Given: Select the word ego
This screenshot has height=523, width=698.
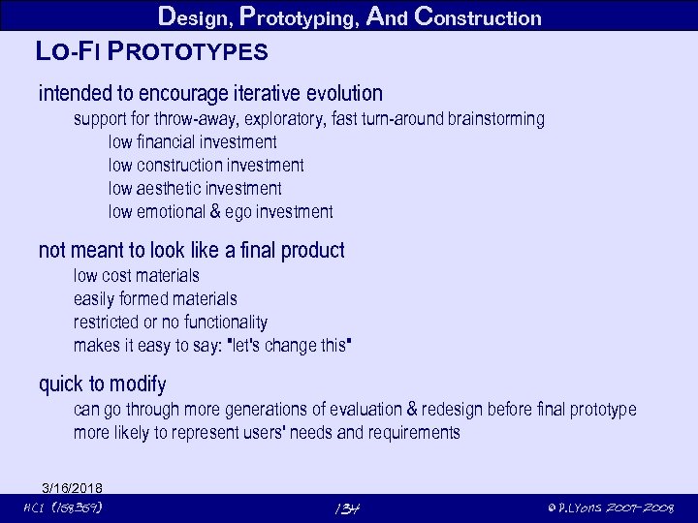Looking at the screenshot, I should click(x=238, y=212).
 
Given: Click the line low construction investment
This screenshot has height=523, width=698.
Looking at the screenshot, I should click(x=206, y=166).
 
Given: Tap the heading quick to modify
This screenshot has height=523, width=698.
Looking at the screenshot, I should click(x=102, y=385).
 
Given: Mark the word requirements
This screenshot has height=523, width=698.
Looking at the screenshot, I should click(x=413, y=433).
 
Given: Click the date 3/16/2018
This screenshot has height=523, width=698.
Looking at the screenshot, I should click(x=72, y=487).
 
